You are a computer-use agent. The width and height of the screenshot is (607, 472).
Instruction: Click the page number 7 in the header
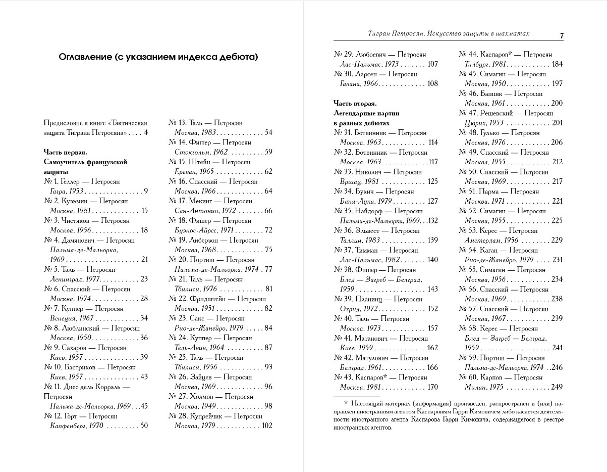pyautogui.click(x=562, y=35)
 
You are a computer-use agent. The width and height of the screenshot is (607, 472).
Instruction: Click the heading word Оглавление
pyautogui.click(x=84, y=57)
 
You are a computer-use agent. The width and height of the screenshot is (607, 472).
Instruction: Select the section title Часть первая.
pyautogui.click(x=66, y=152)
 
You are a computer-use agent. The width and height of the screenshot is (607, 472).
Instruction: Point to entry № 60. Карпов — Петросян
pyautogui.click(x=500, y=377)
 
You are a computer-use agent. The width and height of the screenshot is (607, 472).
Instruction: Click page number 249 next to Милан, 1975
pyautogui.click(x=557, y=387)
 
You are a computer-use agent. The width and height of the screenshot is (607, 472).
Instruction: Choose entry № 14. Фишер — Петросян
pyautogui.click(x=209, y=143)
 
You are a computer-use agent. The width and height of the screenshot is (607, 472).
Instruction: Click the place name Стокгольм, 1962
pyautogui.click(x=201, y=152)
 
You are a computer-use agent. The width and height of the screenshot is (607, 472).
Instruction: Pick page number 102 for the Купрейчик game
pyautogui.click(x=266, y=426)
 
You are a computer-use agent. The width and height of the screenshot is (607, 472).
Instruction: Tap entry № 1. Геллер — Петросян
pyautogui.click(x=82, y=181)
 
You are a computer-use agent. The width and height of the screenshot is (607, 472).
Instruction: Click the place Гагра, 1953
pyautogui.click(x=67, y=192)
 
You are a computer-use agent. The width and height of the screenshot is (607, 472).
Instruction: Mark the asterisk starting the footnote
pyautogui.click(x=346, y=403)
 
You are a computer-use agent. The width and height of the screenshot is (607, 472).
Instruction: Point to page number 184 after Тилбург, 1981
pyautogui.click(x=557, y=64)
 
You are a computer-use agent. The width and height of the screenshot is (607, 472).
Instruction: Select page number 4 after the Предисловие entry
pyautogui.click(x=146, y=133)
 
